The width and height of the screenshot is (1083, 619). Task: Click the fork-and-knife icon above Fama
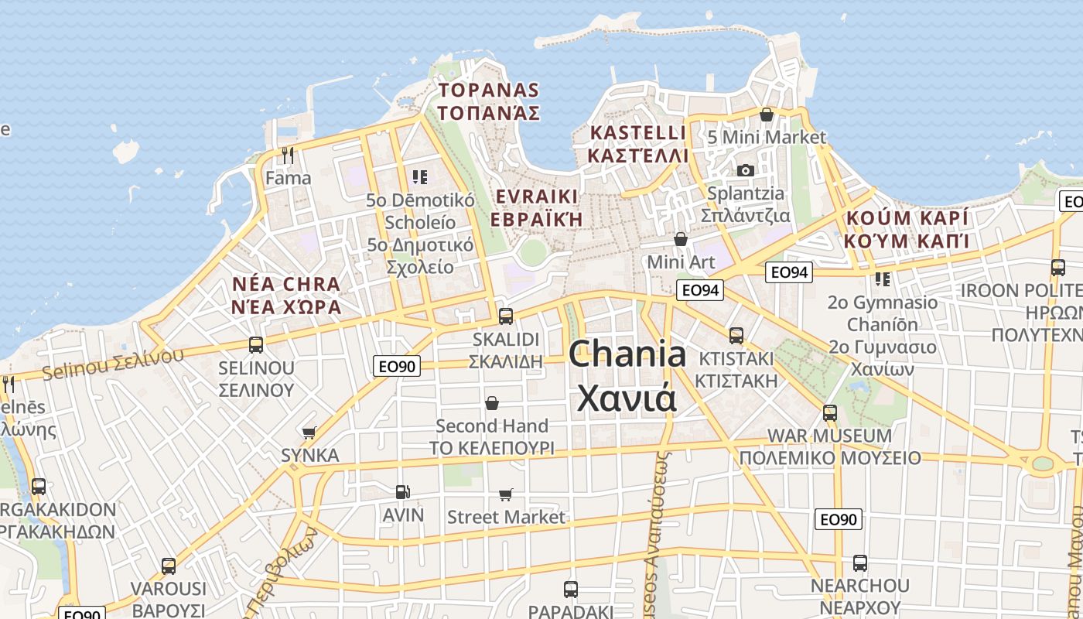[288, 156]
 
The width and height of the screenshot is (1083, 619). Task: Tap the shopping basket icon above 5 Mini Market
[767, 115]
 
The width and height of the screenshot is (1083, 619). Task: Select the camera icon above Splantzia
[745, 170]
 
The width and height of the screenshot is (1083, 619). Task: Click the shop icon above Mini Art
[681, 239]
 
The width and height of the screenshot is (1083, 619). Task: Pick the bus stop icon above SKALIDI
[506, 316]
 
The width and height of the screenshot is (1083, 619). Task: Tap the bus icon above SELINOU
[256, 344]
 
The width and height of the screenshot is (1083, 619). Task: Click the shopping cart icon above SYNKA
[309, 432]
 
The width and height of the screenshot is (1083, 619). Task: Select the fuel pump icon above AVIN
[402, 491]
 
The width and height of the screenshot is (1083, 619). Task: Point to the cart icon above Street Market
[506, 494]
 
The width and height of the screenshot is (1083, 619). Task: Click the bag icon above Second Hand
[491, 402]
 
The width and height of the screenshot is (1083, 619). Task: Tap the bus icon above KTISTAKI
[736, 336]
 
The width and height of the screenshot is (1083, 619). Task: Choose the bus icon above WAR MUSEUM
[830, 412]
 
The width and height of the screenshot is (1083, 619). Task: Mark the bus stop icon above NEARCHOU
[859, 563]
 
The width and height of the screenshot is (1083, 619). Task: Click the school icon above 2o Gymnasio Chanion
[882, 279]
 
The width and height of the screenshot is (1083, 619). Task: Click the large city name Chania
[627, 355]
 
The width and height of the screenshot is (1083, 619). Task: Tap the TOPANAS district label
[488, 90]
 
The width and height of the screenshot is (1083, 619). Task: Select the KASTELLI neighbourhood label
[637, 132]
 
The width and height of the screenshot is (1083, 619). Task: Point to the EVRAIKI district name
[537, 195]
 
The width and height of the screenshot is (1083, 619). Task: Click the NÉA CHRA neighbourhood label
[286, 283]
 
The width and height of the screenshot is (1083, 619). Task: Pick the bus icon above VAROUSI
[168, 566]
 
